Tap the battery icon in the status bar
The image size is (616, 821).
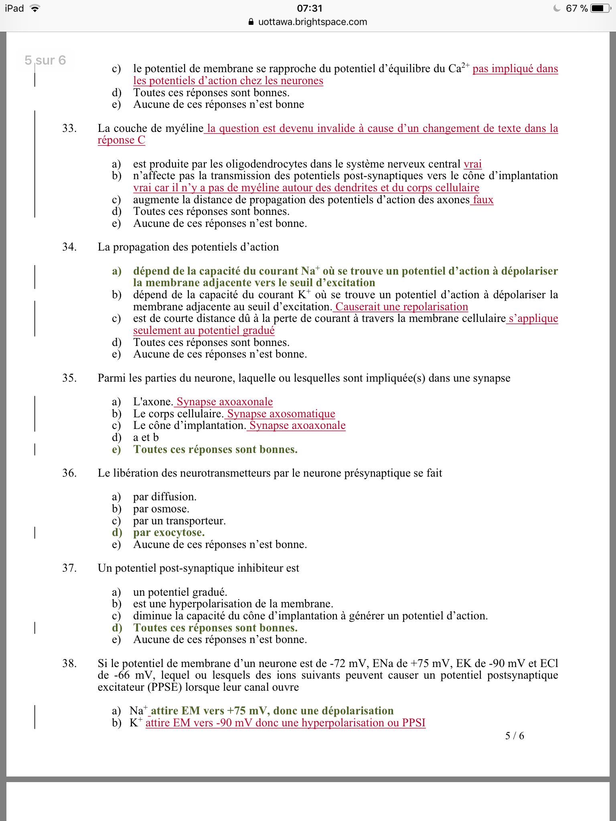600,8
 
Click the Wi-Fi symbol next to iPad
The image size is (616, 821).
35,8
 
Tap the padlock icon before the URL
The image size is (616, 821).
251,22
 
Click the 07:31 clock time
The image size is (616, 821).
310,8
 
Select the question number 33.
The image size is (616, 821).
69,128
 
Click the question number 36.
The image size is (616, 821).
69,473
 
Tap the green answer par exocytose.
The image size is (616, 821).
169,533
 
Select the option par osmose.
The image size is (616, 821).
161,509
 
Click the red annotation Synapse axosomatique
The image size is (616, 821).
281,414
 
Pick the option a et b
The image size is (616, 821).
146,437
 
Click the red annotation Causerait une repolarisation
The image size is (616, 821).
401,307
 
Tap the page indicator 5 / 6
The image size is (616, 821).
515,736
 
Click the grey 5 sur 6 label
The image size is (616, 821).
45,60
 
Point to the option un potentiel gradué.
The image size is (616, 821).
180,592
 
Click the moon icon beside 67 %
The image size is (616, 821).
557,8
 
